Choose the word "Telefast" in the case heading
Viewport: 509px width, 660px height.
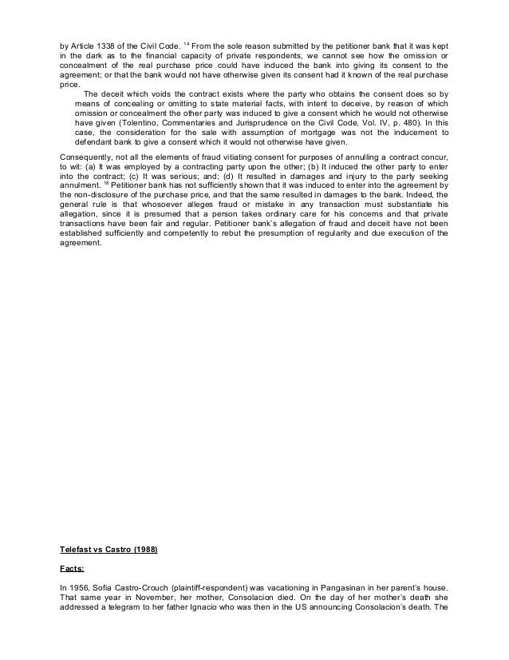point(77,550)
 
